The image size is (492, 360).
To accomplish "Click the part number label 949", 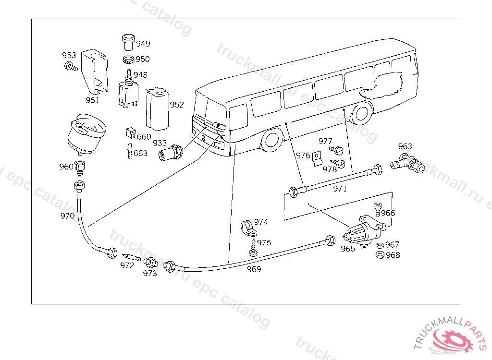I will (x=143, y=44).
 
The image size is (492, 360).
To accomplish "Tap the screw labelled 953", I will (x=71, y=67).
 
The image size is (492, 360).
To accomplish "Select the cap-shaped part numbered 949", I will (x=128, y=42).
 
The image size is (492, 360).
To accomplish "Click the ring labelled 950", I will (x=128, y=60).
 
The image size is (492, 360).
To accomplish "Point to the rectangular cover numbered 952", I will (x=157, y=109).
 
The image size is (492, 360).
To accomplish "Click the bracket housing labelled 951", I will (x=96, y=72).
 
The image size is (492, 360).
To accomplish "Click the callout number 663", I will (x=140, y=154).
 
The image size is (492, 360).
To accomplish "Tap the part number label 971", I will (x=340, y=189).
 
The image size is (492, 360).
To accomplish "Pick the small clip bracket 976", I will (x=316, y=159).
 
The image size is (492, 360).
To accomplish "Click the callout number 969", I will (x=254, y=269).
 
